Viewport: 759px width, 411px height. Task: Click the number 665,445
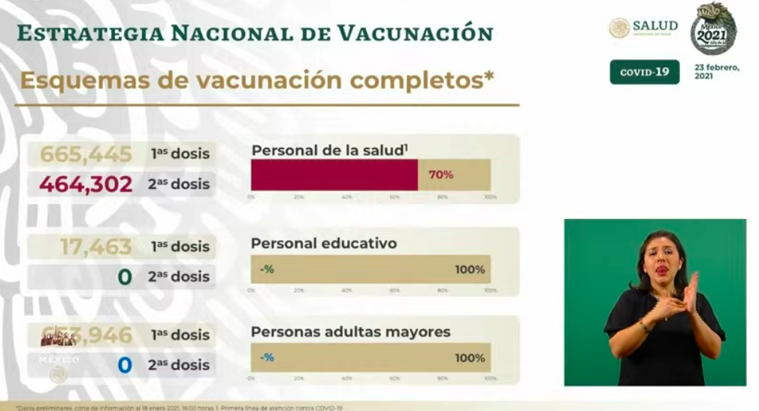(86, 154)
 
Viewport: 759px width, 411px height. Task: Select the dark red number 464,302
(86, 184)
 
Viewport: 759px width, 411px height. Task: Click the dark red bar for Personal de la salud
(334, 175)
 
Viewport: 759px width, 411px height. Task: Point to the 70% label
(440, 175)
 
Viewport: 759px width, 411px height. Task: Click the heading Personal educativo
(324, 243)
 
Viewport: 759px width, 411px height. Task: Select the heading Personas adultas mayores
(350, 331)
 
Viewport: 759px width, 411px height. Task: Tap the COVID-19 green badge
(644, 72)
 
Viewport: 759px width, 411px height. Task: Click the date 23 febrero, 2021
(716, 72)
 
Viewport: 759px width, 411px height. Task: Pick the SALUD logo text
(655, 26)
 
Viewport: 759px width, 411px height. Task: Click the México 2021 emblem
(713, 29)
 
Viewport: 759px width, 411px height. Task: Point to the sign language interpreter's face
(661, 260)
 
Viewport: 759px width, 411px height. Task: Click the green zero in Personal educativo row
(125, 277)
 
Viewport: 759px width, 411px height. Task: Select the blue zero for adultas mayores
(125, 365)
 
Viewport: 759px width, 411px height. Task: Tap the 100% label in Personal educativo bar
(470, 269)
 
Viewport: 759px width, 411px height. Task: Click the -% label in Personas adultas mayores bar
(267, 358)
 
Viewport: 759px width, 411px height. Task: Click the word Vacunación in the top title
(415, 33)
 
